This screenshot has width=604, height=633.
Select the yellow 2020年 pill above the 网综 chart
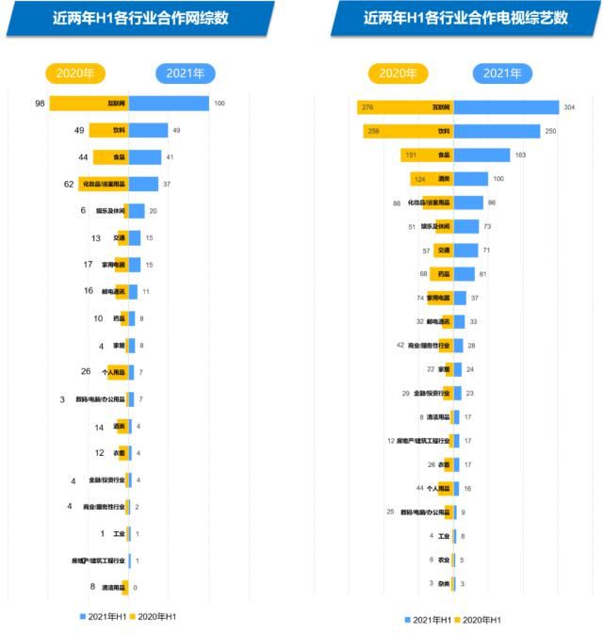[x=75, y=73]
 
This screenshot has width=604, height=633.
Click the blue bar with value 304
[x=506, y=108]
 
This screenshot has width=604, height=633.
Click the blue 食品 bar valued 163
[x=482, y=154]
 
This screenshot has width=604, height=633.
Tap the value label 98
[x=41, y=103]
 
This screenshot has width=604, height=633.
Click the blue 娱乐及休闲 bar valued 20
[x=137, y=211]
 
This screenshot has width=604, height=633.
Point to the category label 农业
[x=444, y=560]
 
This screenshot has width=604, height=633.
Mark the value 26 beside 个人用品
[x=86, y=371]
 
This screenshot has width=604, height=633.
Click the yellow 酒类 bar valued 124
[x=432, y=179]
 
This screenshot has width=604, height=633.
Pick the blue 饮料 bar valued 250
[x=497, y=131]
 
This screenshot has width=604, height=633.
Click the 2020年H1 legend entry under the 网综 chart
[x=155, y=616]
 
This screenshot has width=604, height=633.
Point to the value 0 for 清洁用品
[x=136, y=588]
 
